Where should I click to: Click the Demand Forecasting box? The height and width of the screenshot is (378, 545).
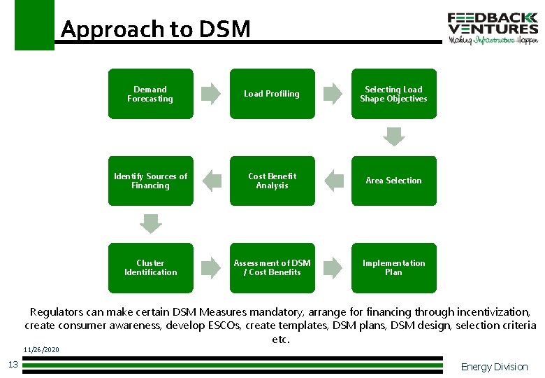(x=150, y=94)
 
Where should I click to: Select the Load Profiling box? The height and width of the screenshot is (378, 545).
(x=272, y=94)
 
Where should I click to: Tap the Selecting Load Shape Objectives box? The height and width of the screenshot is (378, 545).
(x=393, y=94)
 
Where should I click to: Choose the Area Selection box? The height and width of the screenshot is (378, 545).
(x=393, y=181)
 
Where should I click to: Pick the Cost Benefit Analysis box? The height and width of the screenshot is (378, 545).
(x=272, y=181)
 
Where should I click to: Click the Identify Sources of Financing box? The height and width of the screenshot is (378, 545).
(x=150, y=181)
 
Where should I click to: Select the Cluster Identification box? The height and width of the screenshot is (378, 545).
(x=150, y=267)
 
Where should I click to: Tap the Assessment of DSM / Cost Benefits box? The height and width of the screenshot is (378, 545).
(x=272, y=267)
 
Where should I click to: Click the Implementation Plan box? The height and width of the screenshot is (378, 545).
(x=393, y=267)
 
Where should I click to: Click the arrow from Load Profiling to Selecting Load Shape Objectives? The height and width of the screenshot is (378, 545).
(x=333, y=94)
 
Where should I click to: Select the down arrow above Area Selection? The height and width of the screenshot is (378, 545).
(x=394, y=136)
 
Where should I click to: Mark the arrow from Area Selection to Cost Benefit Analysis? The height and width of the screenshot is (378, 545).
(x=333, y=181)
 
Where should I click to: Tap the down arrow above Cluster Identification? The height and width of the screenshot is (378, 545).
(x=150, y=223)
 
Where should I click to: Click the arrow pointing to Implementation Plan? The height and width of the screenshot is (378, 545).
(x=333, y=267)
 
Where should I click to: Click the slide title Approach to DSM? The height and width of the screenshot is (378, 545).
(x=155, y=29)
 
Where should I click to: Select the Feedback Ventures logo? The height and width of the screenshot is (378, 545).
(x=493, y=28)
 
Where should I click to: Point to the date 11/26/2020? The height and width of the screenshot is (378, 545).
(x=41, y=349)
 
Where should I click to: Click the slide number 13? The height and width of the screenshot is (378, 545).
(x=13, y=363)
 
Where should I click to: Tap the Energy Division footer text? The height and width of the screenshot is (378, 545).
(x=494, y=367)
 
